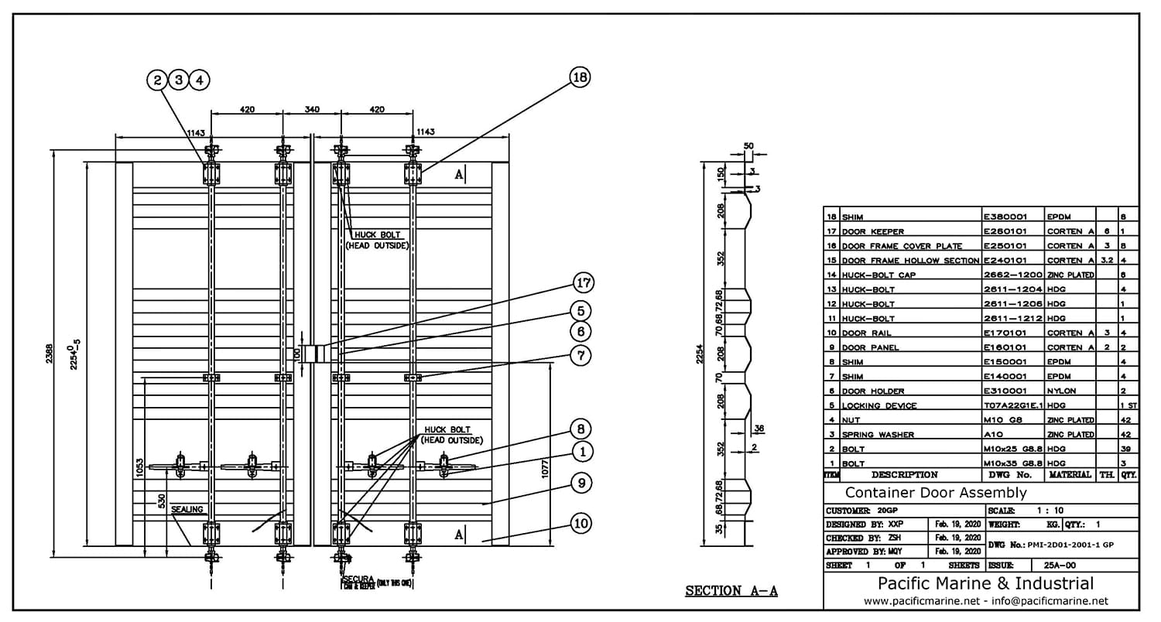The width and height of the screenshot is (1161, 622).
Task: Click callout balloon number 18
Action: (x=580, y=77)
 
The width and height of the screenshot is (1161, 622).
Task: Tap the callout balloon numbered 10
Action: (x=582, y=523)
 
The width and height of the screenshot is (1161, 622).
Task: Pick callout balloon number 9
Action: (x=582, y=484)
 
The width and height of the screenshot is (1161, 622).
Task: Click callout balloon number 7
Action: (x=582, y=356)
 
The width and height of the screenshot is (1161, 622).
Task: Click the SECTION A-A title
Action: (x=731, y=591)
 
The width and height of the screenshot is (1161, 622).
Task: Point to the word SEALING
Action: (x=187, y=509)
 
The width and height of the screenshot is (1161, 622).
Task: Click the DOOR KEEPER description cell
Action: (x=872, y=231)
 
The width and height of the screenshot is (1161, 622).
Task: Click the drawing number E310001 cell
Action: (x=1005, y=391)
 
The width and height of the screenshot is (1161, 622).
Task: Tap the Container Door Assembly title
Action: (x=936, y=493)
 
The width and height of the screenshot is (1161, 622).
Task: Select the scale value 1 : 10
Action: (x=1047, y=511)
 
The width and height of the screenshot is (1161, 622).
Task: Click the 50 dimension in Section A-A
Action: (x=748, y=145)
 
